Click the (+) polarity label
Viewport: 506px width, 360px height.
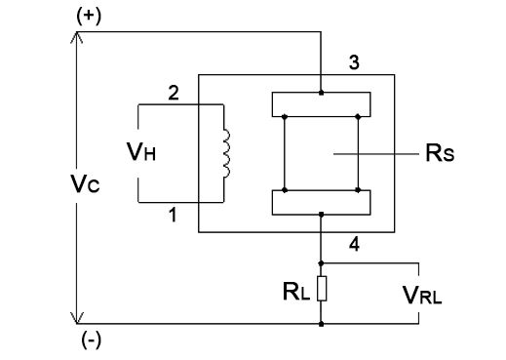tap(88, 16)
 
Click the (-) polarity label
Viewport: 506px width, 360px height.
tap(88, 340)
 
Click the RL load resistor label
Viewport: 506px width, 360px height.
tap(292, 289)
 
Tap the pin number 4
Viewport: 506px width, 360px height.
tap(355, 246)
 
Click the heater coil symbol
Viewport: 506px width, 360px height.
tap(227, 153)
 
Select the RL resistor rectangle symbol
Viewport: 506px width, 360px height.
tap(321, 289)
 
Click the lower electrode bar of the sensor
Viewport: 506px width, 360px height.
tap(321, 202)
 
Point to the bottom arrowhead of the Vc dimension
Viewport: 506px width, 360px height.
tap(76, 317)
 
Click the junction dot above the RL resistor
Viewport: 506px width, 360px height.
tap(321, 262)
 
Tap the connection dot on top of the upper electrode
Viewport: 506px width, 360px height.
tap(321, 93)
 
